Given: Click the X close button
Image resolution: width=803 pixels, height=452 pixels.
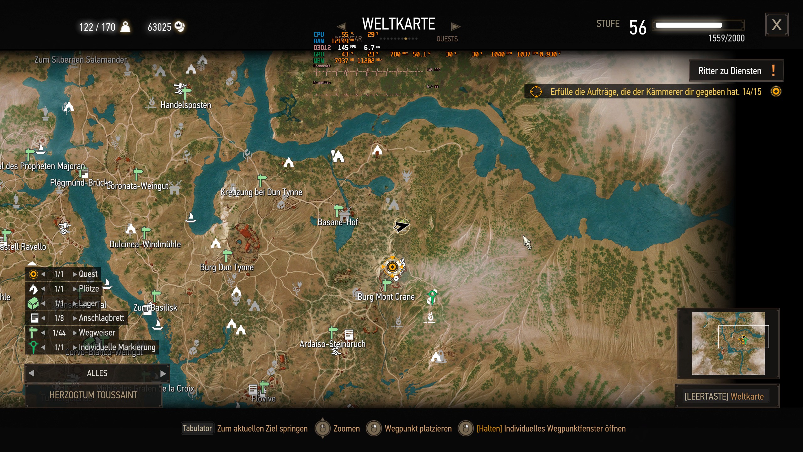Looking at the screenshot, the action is (x=776, y=25).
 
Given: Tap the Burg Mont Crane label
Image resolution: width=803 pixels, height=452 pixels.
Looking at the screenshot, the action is (x=386, y=297).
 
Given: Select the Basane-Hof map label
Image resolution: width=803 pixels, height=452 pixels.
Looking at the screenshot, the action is (x=338, y=222).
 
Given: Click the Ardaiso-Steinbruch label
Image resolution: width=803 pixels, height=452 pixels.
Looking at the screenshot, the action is (x=332, y=344).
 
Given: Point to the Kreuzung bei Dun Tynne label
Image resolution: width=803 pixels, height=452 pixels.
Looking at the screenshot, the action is (x=261, y=192).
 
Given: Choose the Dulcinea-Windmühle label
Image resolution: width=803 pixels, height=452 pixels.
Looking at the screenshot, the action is (x=145, y=244).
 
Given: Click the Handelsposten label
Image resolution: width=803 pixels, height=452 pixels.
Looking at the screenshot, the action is (x=186, y=105).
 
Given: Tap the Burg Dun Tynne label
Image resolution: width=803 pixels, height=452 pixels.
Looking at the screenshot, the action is (x=227, y=267).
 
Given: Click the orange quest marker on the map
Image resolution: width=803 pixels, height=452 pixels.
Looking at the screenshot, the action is (x=392, y=267).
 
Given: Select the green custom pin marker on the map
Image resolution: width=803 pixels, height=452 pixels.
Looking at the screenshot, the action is (x=432, y=295).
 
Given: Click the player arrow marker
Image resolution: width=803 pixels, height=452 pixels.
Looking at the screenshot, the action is (x=401, y=226).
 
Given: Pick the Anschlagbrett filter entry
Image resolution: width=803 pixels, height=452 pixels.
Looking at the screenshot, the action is (x=101, y=318).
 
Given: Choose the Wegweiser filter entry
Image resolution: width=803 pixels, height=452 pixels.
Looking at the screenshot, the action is (x=97, y=332).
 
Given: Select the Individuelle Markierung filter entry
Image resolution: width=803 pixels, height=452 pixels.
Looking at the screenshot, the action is (x=117, y=347).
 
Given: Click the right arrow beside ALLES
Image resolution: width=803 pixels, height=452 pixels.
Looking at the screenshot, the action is (x=163, y=373).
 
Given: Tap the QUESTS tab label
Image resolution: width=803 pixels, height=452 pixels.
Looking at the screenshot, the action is (x=447, y=39).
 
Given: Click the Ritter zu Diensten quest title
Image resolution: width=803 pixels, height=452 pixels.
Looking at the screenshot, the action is (x=730, y=71).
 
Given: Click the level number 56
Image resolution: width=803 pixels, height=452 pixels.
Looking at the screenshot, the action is (x=638, y=28).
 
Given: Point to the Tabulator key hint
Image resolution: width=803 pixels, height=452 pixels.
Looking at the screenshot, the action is (x=197, y=428).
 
